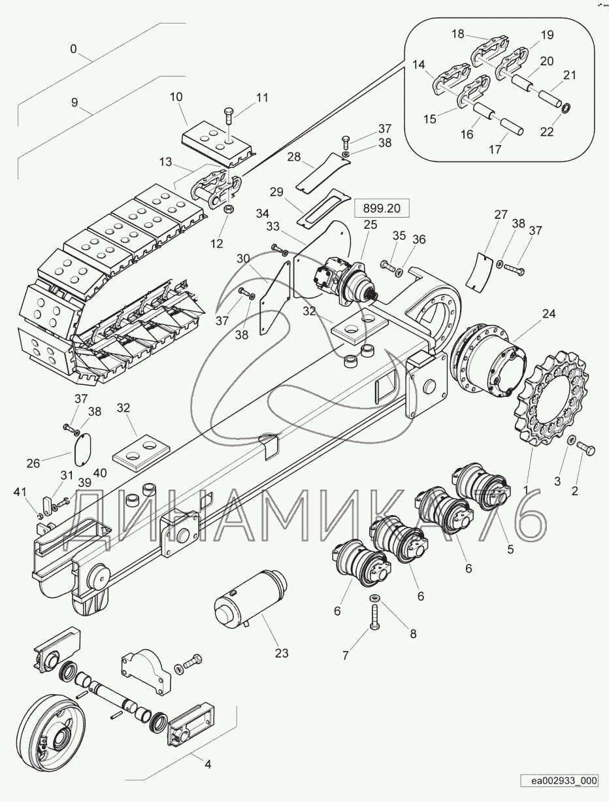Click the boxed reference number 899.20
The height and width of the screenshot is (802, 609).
381,209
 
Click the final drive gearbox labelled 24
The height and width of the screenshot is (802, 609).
489,360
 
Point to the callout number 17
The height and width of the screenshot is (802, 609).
495,150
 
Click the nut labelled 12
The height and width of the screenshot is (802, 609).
228,210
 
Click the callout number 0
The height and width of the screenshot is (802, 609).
73,49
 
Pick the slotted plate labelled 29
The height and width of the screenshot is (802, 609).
321,209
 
